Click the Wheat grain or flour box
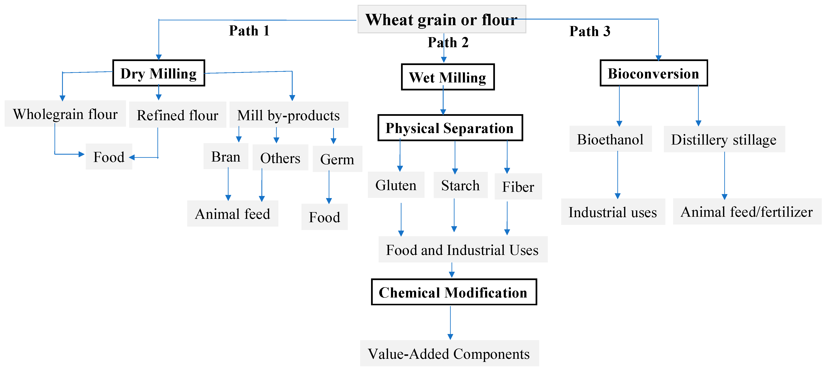coord(441,19)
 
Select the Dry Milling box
coord(159,73)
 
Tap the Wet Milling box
coord(448,77)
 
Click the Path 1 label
coord(249,31)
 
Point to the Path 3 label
coord(589,31)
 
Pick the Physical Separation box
coord(450,128)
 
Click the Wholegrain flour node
coord(65,114)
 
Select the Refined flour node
coord(178,115)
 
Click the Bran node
coord(226,157)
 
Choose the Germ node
coord(337,159)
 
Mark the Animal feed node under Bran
coord(232,214)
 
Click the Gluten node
coord(396,185)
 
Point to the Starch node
coord(460,185)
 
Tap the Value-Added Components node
coord(449,353)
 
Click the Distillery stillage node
coord(724,139)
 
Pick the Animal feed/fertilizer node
coord(747,212)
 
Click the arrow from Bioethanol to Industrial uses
coord(617,175)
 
